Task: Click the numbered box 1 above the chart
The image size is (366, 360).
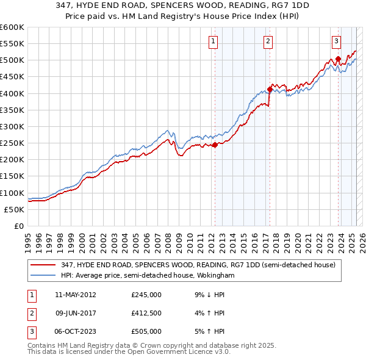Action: point(213,41)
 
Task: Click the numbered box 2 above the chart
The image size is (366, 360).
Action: point(268,41)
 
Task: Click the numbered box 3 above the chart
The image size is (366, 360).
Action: point(336,41)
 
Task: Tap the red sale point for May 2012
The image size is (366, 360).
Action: point(215,145)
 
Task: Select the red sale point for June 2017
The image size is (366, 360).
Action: point(270,89)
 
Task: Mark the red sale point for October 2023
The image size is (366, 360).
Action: point(338,59)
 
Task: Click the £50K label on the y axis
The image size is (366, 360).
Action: point(14,209)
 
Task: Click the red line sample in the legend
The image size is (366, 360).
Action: point(43,265)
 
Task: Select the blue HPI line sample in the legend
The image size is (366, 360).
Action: point(43,276)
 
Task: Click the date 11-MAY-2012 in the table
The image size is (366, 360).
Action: point(75,294)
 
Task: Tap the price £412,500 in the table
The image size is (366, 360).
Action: point(146,313)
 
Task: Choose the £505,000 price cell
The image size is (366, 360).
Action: point(146,331)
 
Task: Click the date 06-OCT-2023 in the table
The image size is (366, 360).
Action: point(75,331)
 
